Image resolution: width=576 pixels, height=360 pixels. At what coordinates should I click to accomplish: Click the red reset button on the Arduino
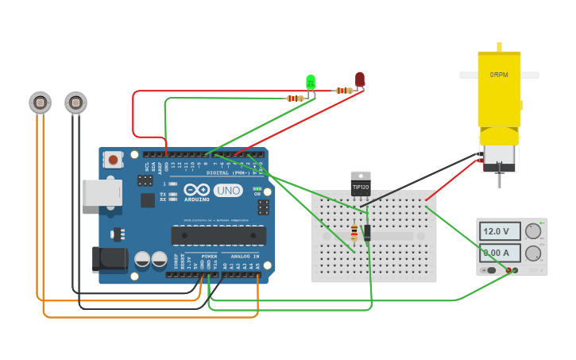[x=114, y=160]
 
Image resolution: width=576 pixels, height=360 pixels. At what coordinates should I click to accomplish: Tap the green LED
[x=311, y=81]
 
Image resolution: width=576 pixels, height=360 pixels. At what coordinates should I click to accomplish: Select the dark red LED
[x=360, y=79]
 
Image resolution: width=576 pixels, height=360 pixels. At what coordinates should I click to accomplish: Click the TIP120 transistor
[x=361, y=184]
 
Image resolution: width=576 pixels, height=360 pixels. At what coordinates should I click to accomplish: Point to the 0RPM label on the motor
[x=499, y=75]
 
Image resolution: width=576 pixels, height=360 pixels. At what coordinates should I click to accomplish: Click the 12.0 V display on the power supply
[x=500, y=231]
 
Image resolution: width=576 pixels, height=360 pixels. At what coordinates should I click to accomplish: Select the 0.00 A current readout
[x=500, y=253]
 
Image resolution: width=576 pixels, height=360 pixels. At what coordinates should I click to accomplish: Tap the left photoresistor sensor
[x=40, y=102]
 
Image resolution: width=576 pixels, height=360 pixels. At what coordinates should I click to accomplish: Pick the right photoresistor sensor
[x=75, y=102]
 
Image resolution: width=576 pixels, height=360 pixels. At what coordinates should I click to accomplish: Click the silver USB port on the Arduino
[x=101, y=192]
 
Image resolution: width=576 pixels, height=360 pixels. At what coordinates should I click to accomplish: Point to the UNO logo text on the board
[x=229, y=191]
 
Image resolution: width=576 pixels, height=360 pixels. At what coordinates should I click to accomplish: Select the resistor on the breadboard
[x=354, y=232]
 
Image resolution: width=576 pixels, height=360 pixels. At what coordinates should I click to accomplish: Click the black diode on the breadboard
[x=367, y=232]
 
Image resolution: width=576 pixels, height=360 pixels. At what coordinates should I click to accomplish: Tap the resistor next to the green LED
[x=295, y=99]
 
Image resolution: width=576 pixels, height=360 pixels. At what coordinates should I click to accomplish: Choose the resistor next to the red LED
[x=343, y=91]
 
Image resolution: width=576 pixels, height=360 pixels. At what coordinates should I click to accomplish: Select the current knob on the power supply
[x=532, y=254]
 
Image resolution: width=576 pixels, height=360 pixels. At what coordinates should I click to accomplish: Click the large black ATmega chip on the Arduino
[x=218, y=235]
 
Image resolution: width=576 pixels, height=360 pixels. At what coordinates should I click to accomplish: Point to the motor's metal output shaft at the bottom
[x=499, y=179]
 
